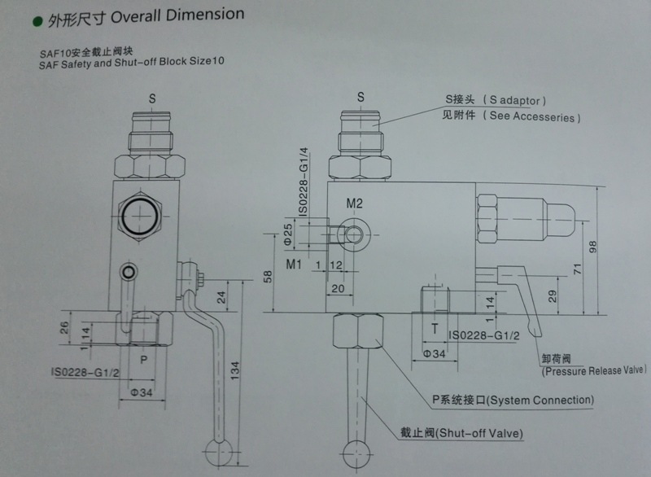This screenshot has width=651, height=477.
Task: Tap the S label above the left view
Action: [152, 97]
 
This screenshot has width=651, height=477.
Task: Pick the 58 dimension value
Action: [269, 278]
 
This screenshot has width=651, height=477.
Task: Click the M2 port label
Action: [354, 203]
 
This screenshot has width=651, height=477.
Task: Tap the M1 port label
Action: [295, 265]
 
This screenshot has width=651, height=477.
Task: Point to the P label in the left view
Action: [144, 357]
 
